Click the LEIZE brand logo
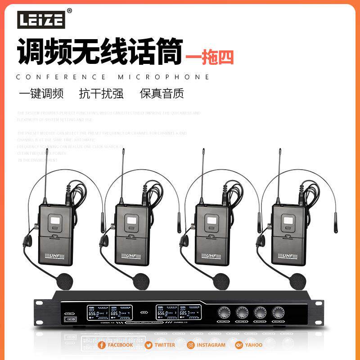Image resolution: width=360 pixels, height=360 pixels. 41,18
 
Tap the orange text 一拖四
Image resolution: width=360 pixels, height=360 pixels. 210,57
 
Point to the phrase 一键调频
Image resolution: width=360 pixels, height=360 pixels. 41,94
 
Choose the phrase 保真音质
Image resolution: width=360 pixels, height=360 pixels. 162,94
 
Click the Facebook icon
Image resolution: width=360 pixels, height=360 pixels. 102,345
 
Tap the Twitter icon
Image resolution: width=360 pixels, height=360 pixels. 148,345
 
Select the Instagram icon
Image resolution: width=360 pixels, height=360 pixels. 191,345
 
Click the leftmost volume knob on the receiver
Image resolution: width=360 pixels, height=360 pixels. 223,312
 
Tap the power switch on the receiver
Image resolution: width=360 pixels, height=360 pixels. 70,319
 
